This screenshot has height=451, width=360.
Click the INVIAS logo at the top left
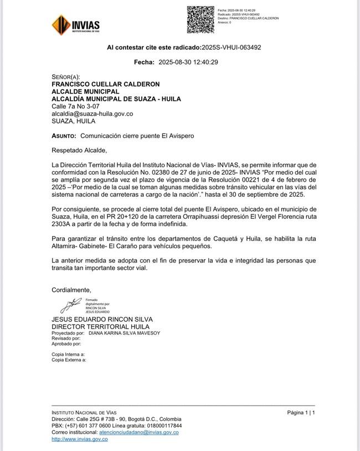point(75,24)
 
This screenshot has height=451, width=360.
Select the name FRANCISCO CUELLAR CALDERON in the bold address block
point(105,84)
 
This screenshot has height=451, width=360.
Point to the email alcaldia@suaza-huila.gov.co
point(92,114)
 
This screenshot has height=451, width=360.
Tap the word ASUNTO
point(64,135)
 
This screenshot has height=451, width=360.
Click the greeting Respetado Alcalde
point(79,150)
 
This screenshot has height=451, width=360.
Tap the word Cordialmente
point(71,290)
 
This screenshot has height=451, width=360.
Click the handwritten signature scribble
point(70,305)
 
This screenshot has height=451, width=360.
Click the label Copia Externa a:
point(69,360)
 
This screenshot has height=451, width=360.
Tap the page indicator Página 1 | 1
point(301,413)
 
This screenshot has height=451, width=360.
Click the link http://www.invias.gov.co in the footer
point(79,439)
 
